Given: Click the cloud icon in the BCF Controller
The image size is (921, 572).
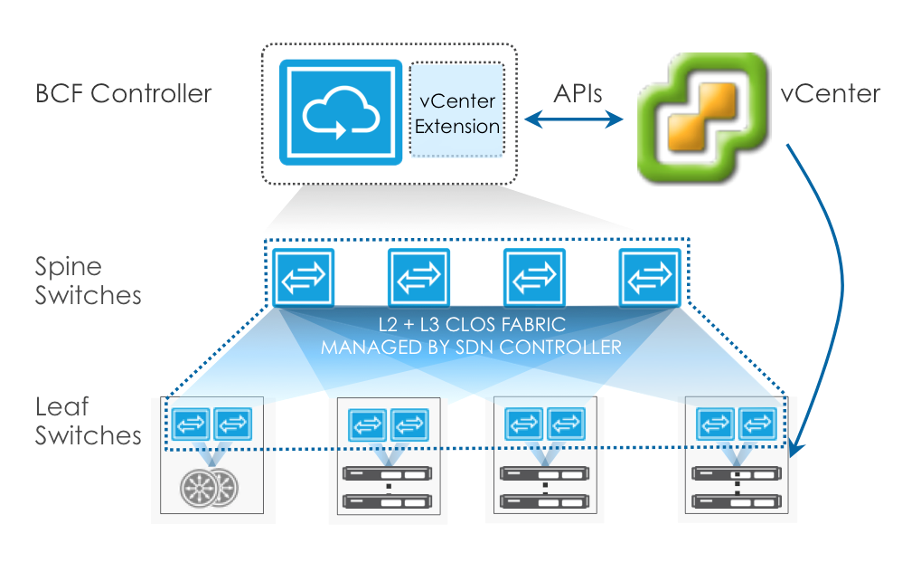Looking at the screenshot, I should point(340,112).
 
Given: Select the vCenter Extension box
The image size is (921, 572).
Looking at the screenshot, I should point(456,110).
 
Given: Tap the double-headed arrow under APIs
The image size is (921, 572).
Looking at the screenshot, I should point(578,119).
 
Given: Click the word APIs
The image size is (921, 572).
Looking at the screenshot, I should point(578,93).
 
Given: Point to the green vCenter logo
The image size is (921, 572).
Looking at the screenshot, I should point(699,117).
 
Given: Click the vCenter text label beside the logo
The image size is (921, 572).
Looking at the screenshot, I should point(831,93).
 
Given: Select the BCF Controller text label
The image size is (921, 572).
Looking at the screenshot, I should point(123,93).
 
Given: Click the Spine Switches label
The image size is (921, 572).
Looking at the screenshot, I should point(89,281).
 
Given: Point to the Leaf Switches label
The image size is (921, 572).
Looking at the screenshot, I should point(89,421).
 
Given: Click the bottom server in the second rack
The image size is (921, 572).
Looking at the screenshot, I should point(389,500).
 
